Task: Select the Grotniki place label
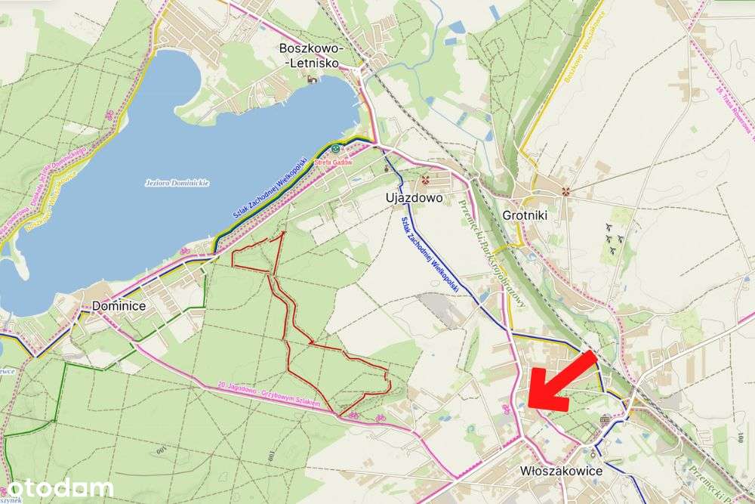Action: coord(524,215)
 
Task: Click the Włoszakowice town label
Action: coord(561,471)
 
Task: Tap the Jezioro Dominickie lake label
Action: coord(177,183)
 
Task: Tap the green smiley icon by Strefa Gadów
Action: coord(335,149)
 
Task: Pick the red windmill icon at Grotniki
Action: coord(563,191)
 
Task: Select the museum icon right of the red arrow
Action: coord(605,419)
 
